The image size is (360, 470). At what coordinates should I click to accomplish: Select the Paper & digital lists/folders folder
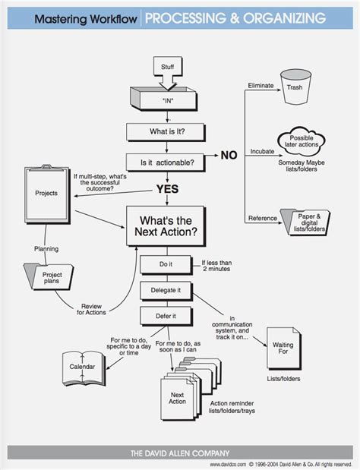(308, 220)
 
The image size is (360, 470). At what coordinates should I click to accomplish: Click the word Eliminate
(261, 87)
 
